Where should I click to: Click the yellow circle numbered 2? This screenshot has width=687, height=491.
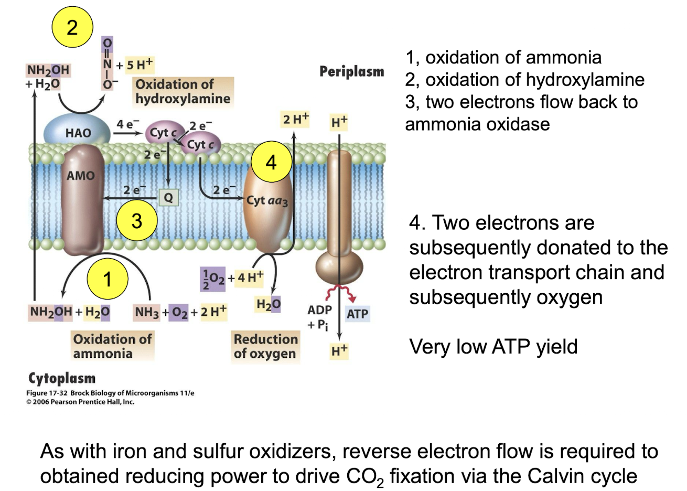click(72, 27)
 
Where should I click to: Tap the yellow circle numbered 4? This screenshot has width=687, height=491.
click(271, 162)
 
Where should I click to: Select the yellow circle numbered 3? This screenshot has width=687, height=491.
click(137, 220)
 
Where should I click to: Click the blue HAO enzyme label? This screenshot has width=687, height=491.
click(78, 133)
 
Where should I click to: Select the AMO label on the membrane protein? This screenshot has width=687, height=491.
click(81, 176)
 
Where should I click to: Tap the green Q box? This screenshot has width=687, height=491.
click(168, 198)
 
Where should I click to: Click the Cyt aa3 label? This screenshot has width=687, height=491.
click(267, 200)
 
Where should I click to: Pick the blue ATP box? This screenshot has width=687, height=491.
click(357, 314)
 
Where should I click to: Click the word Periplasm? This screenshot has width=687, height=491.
click(352, 71)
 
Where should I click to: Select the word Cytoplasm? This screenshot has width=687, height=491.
click(62, 378)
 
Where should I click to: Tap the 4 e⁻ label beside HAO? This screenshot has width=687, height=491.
click(127, 124)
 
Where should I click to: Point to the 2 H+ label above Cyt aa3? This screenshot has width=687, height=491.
click(296, 119)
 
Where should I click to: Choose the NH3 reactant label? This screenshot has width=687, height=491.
click(147, 312)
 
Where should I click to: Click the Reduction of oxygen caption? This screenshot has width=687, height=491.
click(265, 346)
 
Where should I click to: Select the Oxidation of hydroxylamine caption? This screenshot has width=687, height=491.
click(183, 91)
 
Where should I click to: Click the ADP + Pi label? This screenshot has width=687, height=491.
click(319, 317)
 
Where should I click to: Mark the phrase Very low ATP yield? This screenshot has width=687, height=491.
click(493, 347)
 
